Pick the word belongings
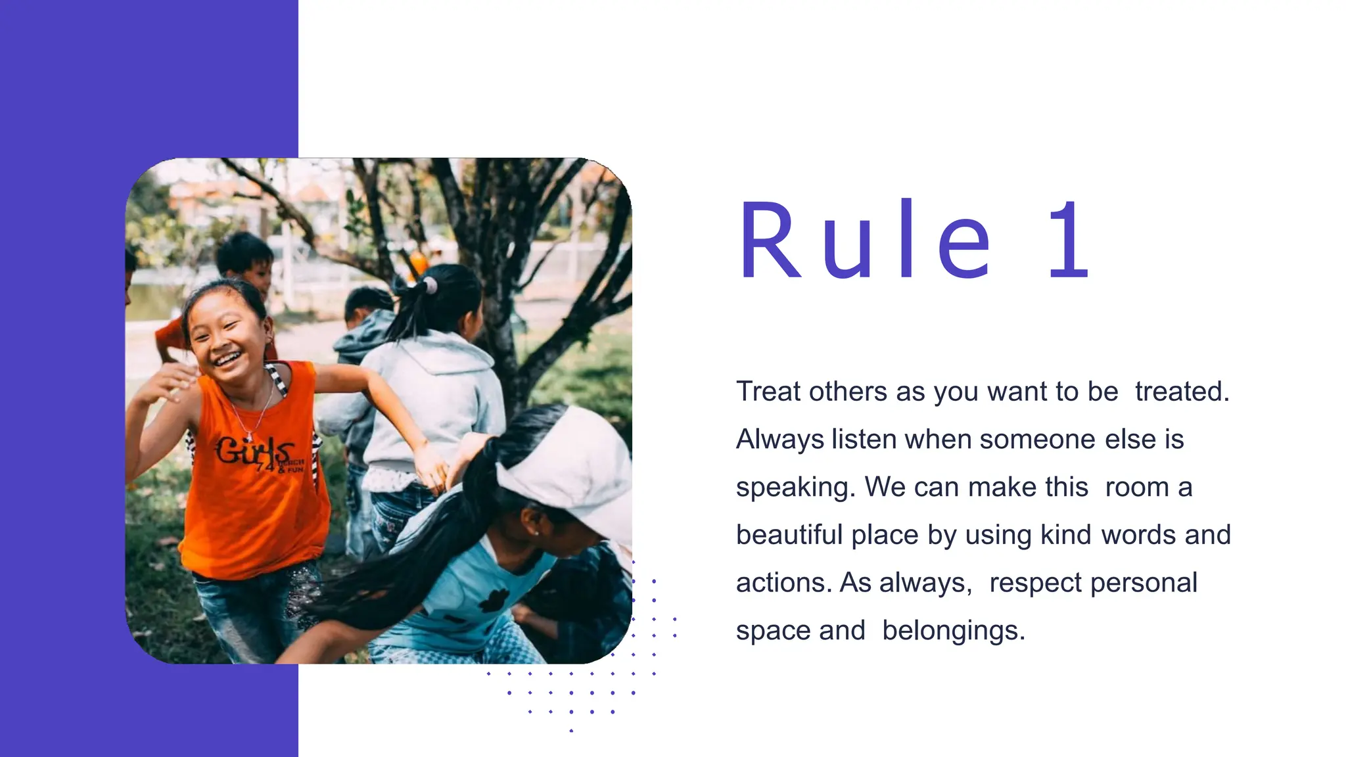tap(953, 631)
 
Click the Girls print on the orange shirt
tap(253, 451)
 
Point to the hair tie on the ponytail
tap(430, 286)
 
